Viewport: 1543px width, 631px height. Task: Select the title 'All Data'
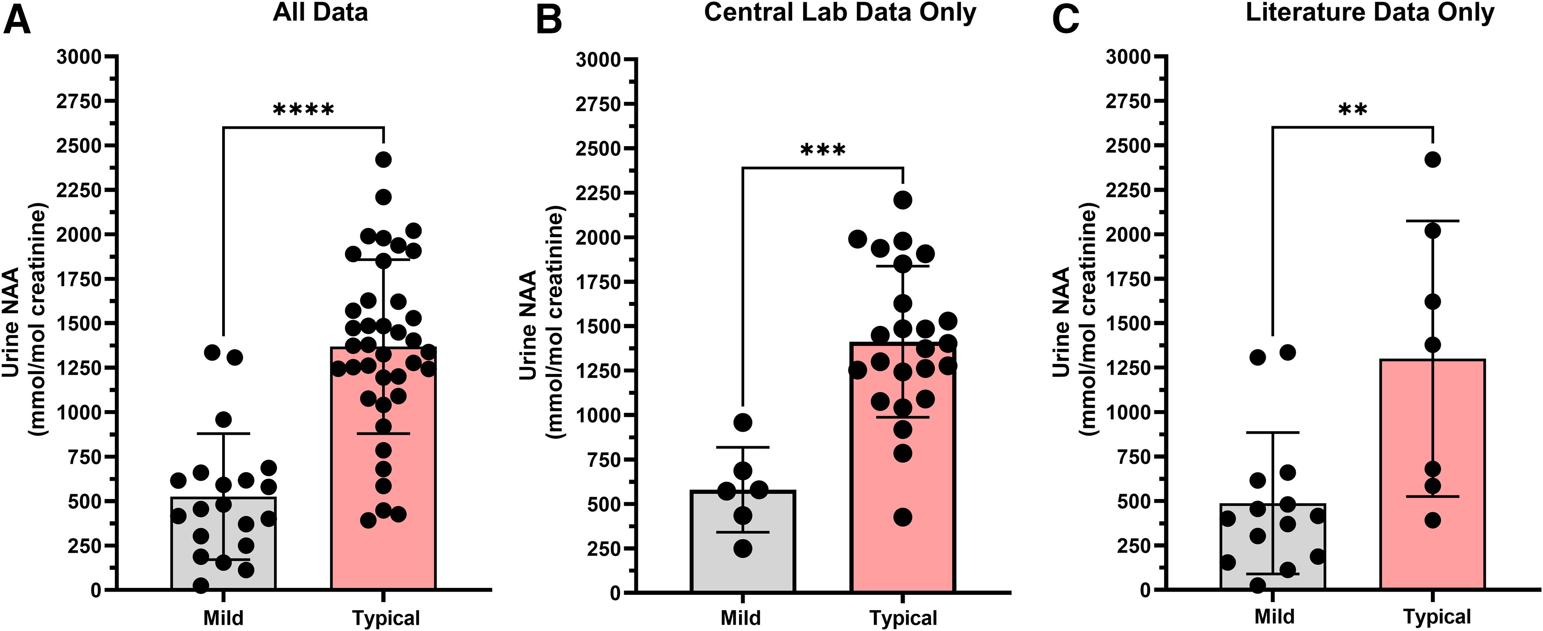(320, 13)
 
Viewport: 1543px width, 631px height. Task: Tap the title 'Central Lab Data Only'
(840, 13)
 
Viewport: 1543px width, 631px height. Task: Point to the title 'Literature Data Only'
(1370, 13)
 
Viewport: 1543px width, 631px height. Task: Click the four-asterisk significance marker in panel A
(303, 110)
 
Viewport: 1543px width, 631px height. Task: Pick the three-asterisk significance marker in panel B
(823, 149)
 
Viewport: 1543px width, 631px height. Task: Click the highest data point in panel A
(383, 160)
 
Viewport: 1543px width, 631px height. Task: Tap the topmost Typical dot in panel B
(903, 199)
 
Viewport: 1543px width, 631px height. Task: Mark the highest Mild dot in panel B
(743, 422)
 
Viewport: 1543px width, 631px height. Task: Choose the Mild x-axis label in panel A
(223, 617)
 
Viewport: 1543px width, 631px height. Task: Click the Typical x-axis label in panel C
(1436, 617)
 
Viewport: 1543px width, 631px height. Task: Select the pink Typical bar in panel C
(1433, 475)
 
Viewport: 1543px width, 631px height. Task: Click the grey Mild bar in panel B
(743, 541)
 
